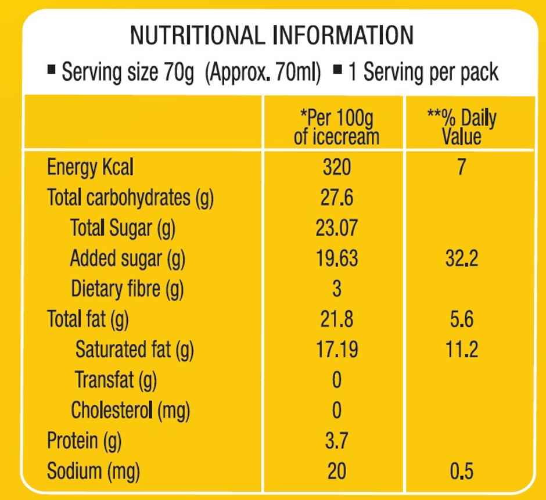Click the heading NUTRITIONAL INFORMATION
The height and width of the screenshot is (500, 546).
272,35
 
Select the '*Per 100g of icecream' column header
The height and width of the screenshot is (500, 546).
336,128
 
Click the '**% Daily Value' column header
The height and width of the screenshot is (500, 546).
461,128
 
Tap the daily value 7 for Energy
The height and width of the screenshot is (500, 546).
461,168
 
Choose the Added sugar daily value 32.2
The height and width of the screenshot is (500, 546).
461,258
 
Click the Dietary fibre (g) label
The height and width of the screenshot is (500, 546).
127,289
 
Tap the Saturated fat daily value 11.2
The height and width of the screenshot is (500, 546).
461,350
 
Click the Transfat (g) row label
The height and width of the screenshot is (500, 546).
116,380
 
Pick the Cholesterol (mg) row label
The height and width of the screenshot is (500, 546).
131,411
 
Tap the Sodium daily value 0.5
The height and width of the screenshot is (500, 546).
461,472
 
